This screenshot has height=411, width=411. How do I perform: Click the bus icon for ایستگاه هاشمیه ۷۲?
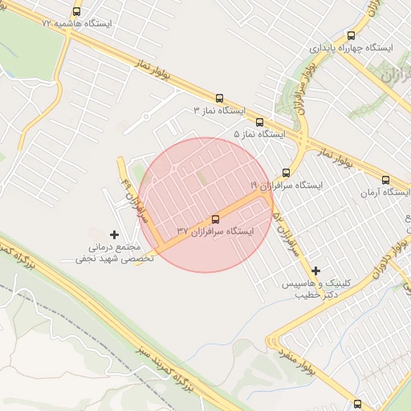tap(77, 12)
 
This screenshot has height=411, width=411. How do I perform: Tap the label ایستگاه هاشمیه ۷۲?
tap(83, 24)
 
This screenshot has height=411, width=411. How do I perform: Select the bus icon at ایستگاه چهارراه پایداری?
tap(351, 35)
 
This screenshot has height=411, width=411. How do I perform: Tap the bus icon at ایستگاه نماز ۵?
tap(258, 122)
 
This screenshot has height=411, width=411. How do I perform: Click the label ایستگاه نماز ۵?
tap(259, 134)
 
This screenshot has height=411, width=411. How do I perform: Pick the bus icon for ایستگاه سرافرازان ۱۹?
tap(286, 173)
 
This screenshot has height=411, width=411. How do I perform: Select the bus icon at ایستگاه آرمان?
tap(385, 181)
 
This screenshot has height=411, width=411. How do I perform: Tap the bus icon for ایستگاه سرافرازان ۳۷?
tap(215, 219)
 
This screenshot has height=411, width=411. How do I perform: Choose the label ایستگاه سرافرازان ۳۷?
tap(215, 231)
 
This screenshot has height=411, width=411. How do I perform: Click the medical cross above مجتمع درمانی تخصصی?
tap(113, 234)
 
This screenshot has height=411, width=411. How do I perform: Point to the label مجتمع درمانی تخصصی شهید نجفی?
tap(108, 253)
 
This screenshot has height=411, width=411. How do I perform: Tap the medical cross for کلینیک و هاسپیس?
tap(315, 271)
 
